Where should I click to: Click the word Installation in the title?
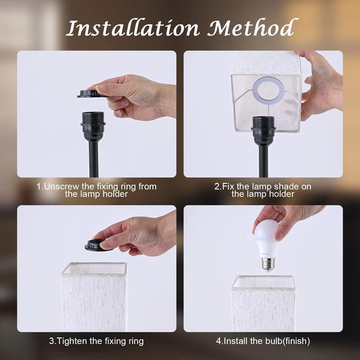pyautogui.click(x=133, y=28)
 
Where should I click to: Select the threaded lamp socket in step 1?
pyautogui.click(x=93, y=126)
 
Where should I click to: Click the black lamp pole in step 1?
pyautogui.click(x=94, y=159)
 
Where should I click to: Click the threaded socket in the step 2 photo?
pyautogui.click(x=263, y=130)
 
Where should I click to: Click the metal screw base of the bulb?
pyautogui.click(x=268, y=264)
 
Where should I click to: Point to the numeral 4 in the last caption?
pyautogui.click(x=218, y=341)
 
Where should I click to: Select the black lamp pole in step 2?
pyautogui.click(x=263, y=161)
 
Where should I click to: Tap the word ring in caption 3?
pyautogui.click(x=136, y=341)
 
